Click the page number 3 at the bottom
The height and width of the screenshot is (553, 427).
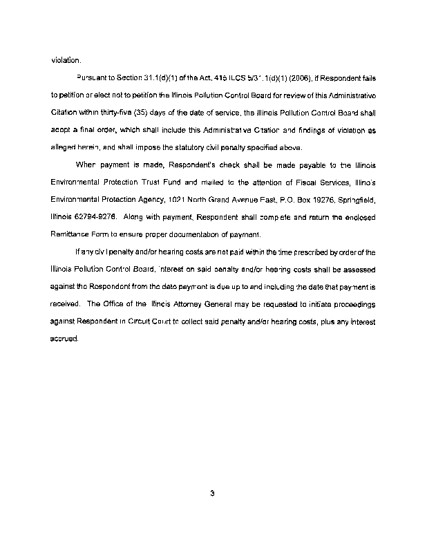tap(213, 494)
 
